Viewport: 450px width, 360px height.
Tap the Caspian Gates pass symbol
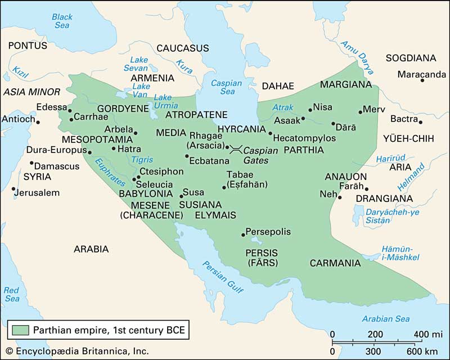(x=236, y=148)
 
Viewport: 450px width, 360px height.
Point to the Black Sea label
(x=62, y=21)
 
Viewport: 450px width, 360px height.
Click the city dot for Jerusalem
(x=12, y=189)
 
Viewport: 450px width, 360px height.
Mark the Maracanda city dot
(x=422, y=81)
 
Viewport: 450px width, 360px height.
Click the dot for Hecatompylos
(x=271, y=134)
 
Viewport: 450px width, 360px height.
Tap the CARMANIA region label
(x=335, y=263)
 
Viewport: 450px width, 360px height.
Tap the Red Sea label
(x=12, y=294)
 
